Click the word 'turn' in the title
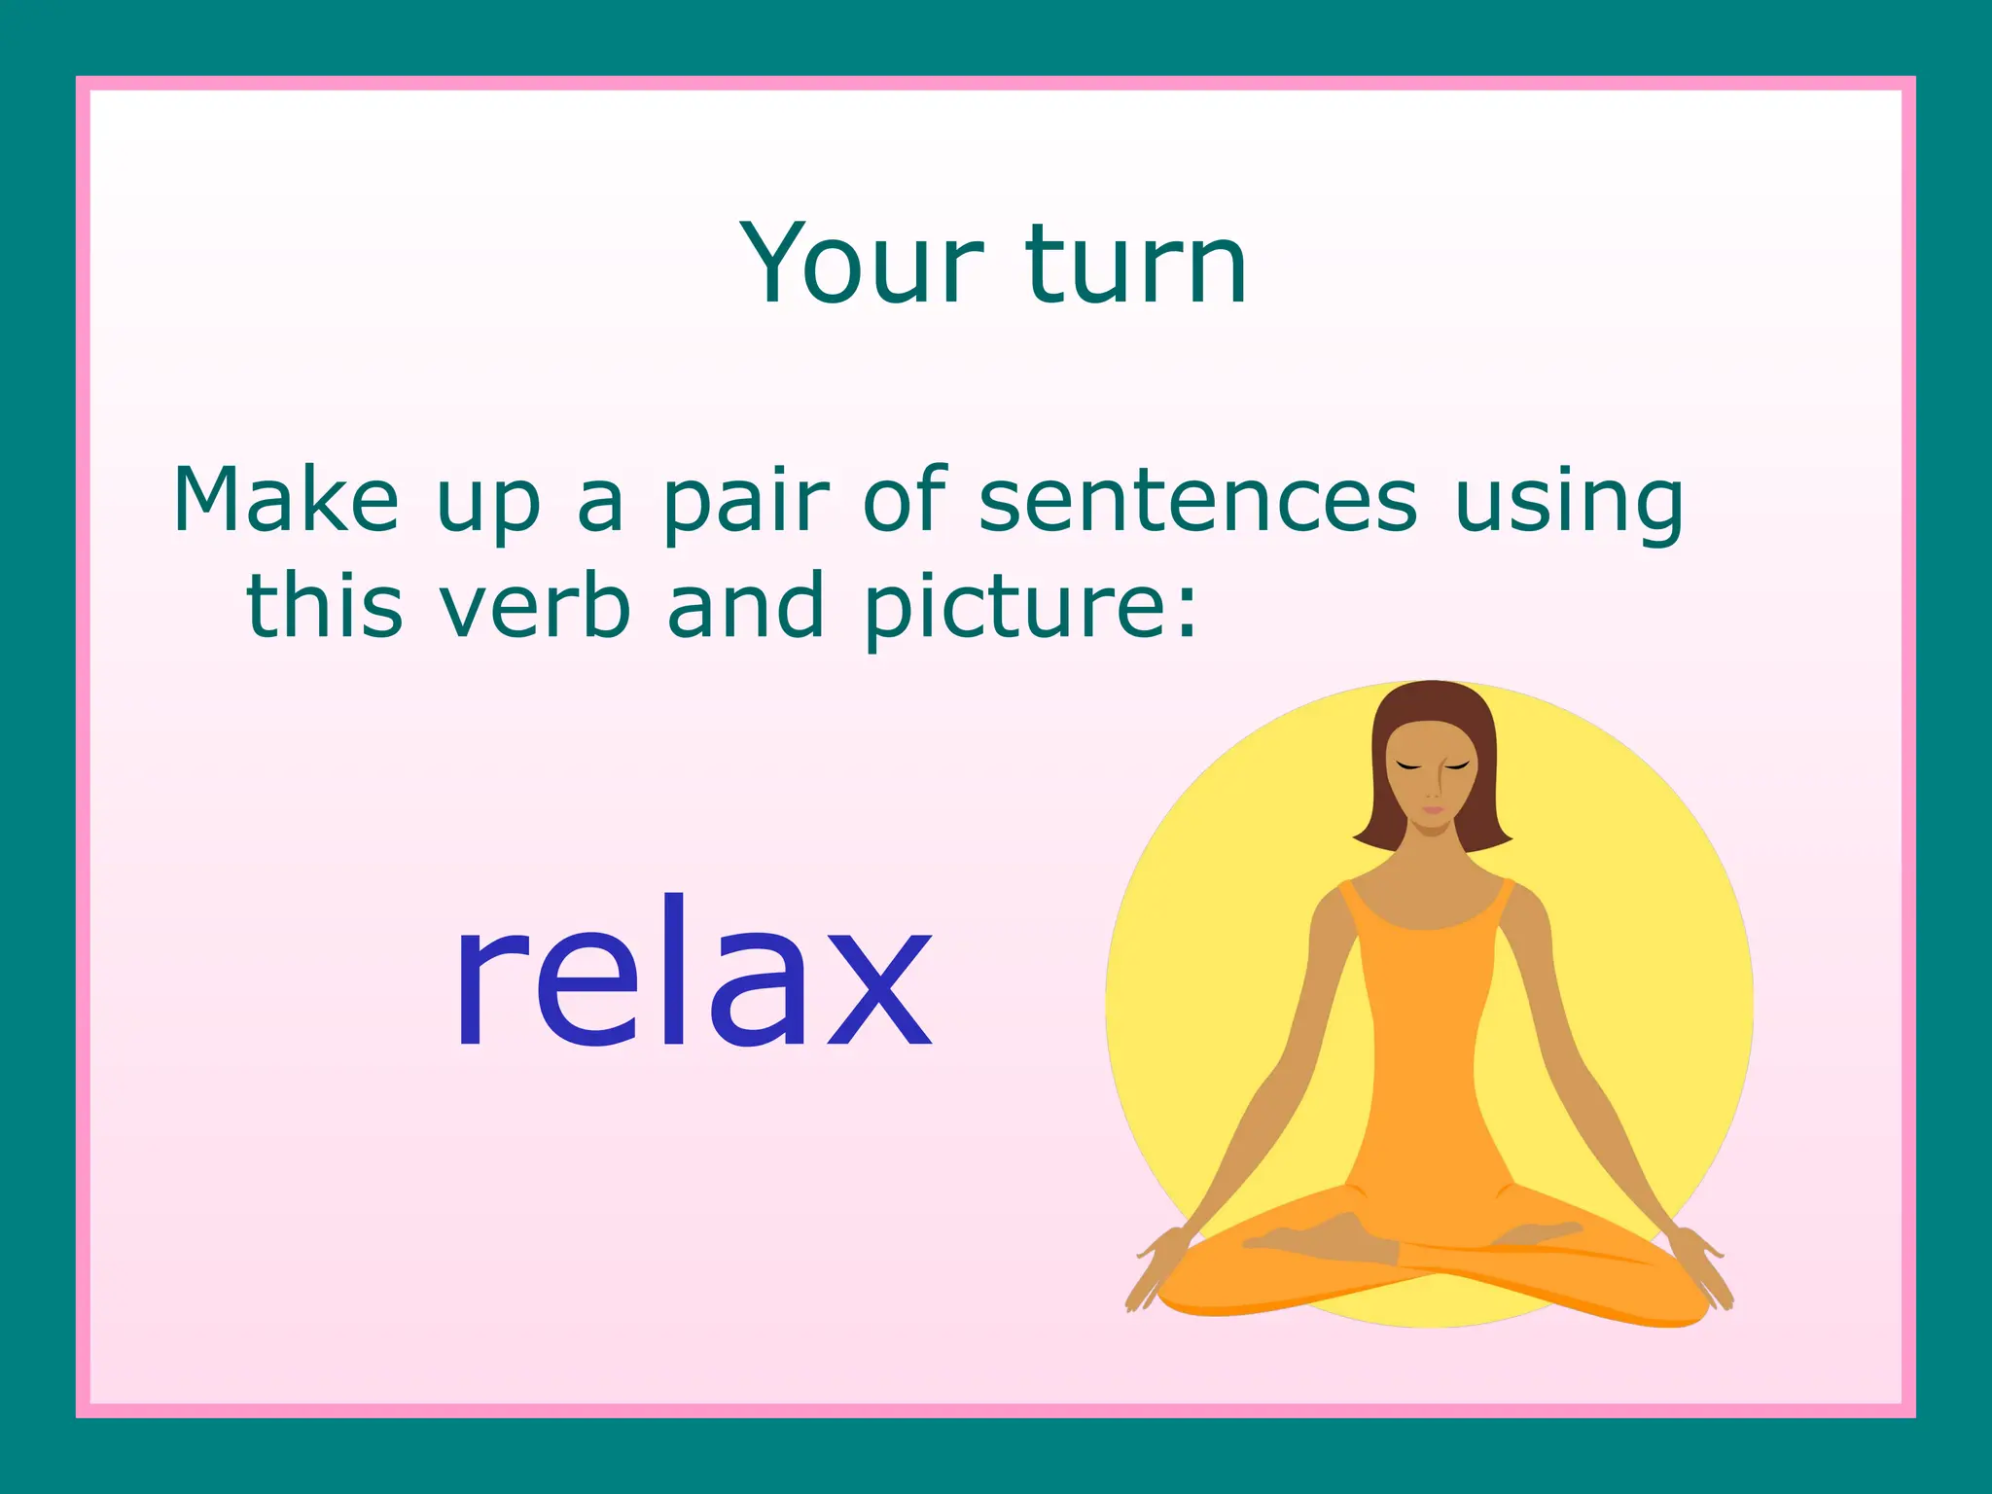tap(1135, 265)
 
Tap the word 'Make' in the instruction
tap(286, 500)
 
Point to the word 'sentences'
tap(1197, 500)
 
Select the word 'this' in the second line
tap(324, 605)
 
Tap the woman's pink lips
tap(1433, 809)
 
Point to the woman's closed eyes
tap(1432, 766)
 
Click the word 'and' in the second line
tap(746, 605)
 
